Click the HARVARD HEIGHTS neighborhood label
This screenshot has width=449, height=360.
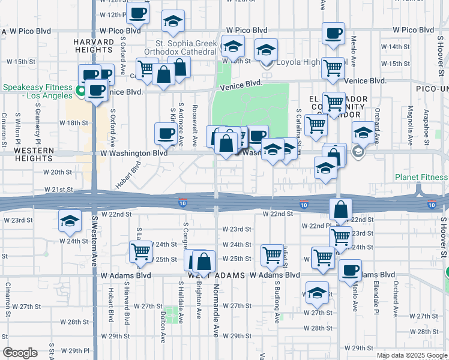point(94,46)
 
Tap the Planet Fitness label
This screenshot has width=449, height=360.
point(421,177)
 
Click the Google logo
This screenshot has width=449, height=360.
point(20,352)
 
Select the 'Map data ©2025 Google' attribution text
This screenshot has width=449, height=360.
point(412,355)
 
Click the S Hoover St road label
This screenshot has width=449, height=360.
point(443,237)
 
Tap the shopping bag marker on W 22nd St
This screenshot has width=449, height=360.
point(340,209)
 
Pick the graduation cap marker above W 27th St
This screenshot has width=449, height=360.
point(317,292)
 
